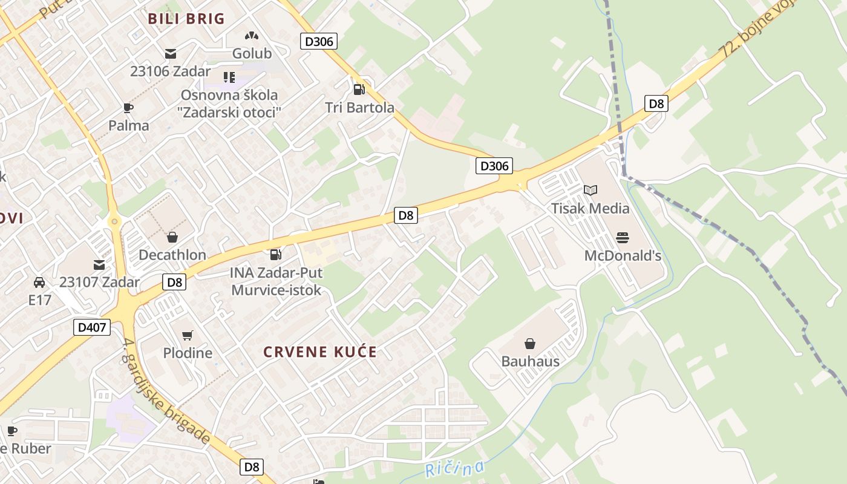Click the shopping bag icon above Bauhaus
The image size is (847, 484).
coord(530,344)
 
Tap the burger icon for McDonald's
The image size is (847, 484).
coord(623,238)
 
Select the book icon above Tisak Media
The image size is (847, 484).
coord(590,191)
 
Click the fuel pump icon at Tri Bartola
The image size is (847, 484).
coord(359,90)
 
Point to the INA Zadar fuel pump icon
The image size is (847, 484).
coord(276,255)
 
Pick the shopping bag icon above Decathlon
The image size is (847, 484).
coord(172,237)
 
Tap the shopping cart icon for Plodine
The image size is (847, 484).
coord(188,335)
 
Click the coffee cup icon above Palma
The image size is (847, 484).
coord(128,108)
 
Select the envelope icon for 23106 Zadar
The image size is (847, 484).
coord(171,53)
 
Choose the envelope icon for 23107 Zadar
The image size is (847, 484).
coord(99,264)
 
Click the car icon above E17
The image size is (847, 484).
coord(39,282)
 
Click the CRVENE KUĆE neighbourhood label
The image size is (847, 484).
coord(320,352)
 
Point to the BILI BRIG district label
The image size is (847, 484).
coord(186,19)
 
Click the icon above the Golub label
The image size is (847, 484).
coord(252,36)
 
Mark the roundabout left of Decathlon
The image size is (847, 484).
coord(114,222)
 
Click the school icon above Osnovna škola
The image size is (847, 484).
coord(229,77)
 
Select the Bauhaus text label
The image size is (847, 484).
coord(530,362)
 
